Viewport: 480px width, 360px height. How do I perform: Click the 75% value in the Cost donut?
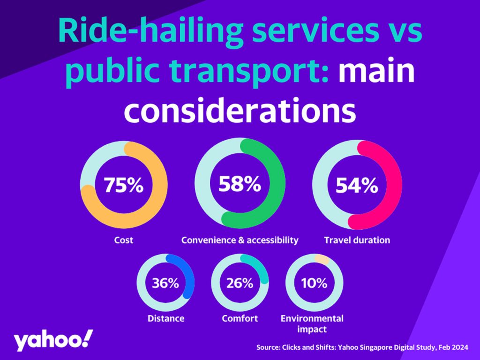pyautogui.click(x=123, y=186)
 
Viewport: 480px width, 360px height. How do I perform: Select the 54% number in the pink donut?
pyautogui.click(x=357, y=186)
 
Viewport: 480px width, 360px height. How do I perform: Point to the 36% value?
pyautogui.click(x=165, y=283)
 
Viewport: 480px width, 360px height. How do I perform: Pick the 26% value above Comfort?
pyautogui.click(x=240, y=283)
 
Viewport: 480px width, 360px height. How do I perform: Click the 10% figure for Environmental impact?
pyautogui.click(x=314, y=283)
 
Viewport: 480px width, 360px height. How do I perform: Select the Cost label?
pyautogui.click(x=124, y=240)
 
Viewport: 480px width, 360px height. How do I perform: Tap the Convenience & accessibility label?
pyautogui.click(x=240, y=240)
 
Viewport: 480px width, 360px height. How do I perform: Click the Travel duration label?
pyautogui.click(x=357, y=240)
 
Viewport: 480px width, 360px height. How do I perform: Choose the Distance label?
pyautogui.click(x=166, y=318)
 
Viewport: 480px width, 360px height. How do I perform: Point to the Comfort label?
pyautogui.click(x=240, y=318)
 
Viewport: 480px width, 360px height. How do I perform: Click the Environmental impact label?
pyautogui.click(x=312, y=323)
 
